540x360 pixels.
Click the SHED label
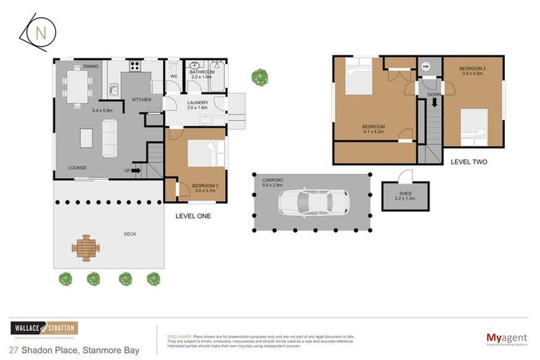pos(397,193)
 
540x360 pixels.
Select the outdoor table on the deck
pos(86,247)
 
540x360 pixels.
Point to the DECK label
pos(130,234)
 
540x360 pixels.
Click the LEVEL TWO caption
pos(469,162)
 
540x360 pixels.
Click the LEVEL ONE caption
pos(193,216)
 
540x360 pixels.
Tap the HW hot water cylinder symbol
pos(426,67)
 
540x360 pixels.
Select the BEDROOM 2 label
pos(472,69)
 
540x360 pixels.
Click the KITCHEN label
pos(141,100)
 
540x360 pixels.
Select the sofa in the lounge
pos(110,138)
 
